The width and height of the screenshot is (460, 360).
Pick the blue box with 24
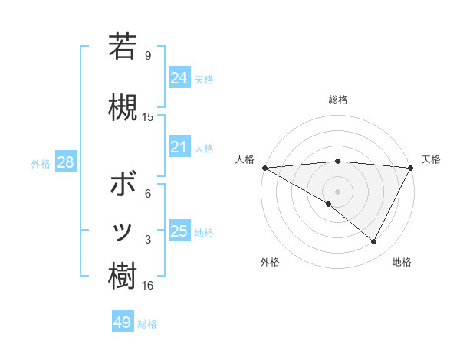click(x=179, y=77)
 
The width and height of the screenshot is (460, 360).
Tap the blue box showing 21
click(x=179, y=147)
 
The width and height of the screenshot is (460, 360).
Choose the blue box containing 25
click(x=179, y=231)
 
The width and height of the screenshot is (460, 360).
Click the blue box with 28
click(x=65, y=162)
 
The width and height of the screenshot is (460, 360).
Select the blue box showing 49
click(x=123, y=322)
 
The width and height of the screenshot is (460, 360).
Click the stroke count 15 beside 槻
click(x=148, y=117)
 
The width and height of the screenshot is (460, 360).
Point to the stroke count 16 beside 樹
click(x=148, y=286)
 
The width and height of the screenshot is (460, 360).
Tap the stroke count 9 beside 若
click(x=148, y=55)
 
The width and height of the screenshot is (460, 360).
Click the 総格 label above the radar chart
click(x=337, y=100)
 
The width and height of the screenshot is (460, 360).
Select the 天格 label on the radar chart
click(x=431, y=159)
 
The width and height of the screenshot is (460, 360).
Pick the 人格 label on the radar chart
click(x=245, y=159)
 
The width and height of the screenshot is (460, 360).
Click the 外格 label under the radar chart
click(x=270, y=262)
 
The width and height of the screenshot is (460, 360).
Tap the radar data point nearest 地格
click(x=374, y=242)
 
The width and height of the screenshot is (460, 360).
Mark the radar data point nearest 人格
click(x=264, y=167)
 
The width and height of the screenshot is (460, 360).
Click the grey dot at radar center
click(x=337, y=191)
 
